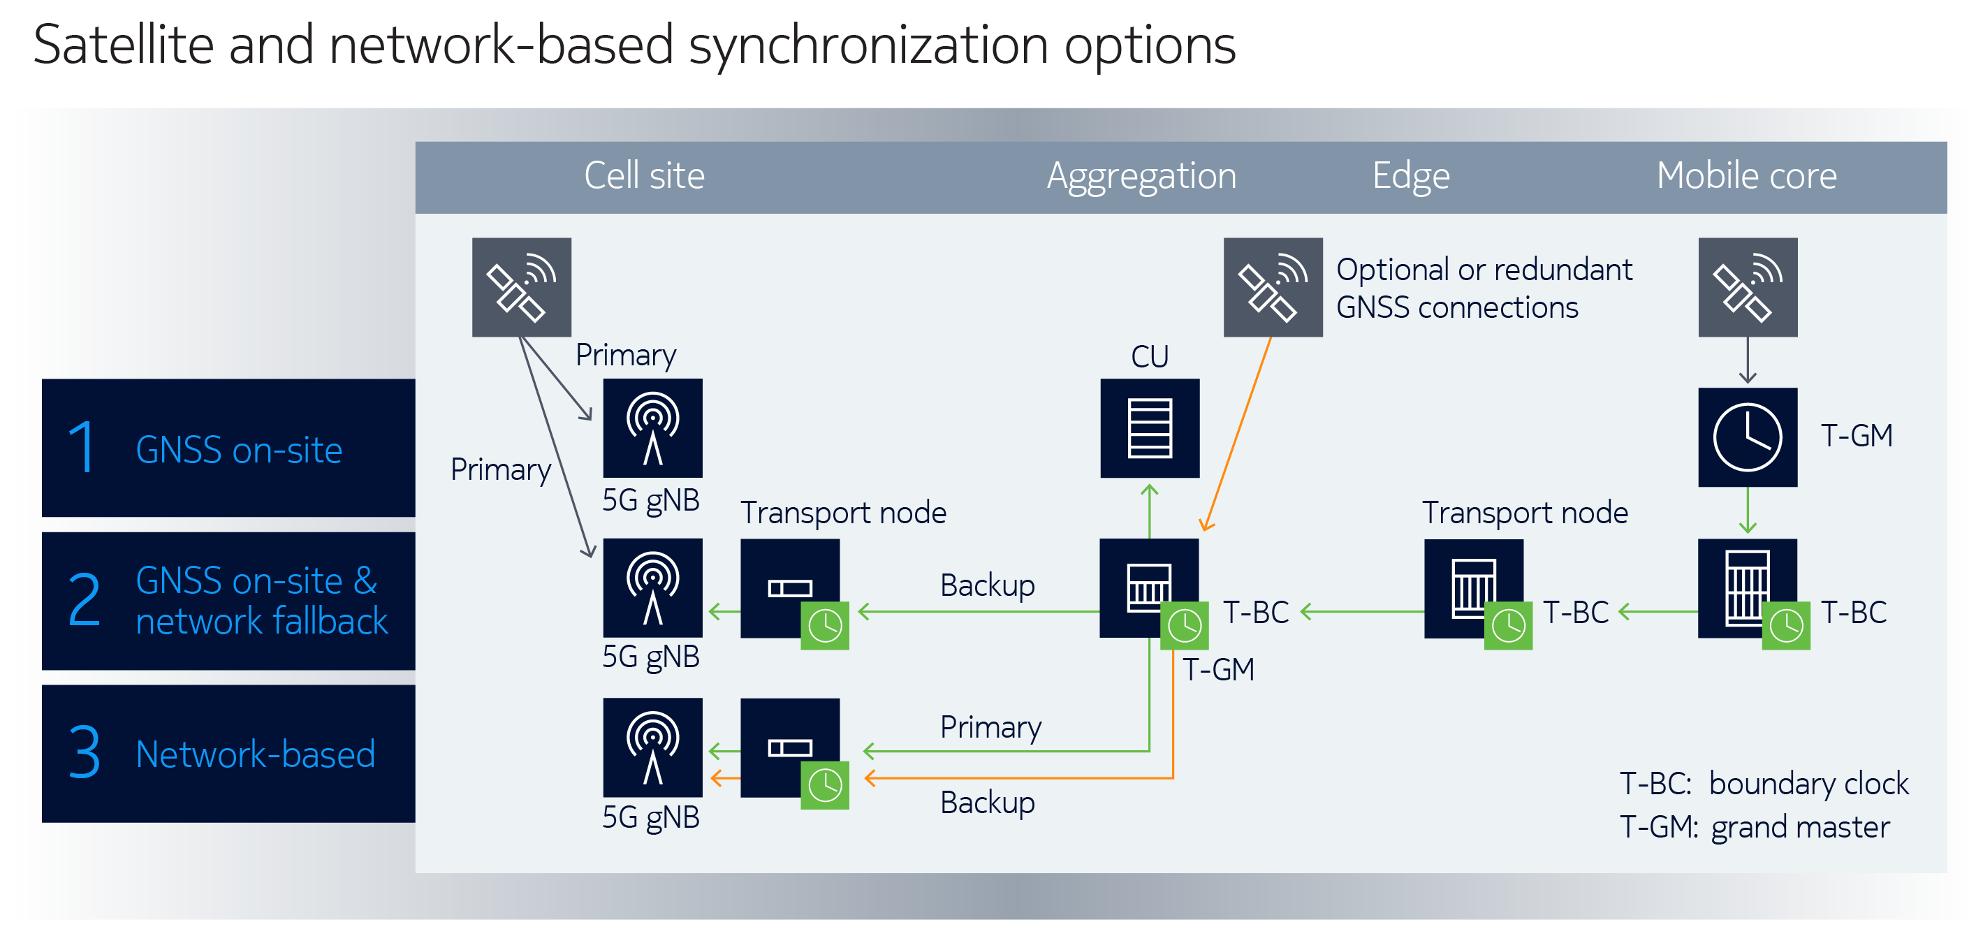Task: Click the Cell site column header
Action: pos(643,176)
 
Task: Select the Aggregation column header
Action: pos(1141,176)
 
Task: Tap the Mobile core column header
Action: pos(1746,176)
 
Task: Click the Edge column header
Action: pos(1411,176)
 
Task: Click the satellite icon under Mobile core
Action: pos(1747,287)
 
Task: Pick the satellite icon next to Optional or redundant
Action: pos(1272,287)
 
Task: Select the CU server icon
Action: pos(1149,428)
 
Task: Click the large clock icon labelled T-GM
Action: pos(1747,437)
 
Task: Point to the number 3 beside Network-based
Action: pos(84,753)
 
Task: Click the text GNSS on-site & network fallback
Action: pos(261,601)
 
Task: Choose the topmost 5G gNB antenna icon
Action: pos(652,428)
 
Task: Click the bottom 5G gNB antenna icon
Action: pos(652,747)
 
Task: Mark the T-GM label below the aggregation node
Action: pos(1218,670)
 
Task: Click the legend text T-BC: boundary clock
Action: pos(1764,784)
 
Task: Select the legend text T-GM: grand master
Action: pos(1755,827)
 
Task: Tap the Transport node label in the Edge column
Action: pos(1524,513)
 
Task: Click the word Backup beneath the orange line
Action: pos(987,803)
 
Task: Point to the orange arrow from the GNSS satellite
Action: pos(1237,434)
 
